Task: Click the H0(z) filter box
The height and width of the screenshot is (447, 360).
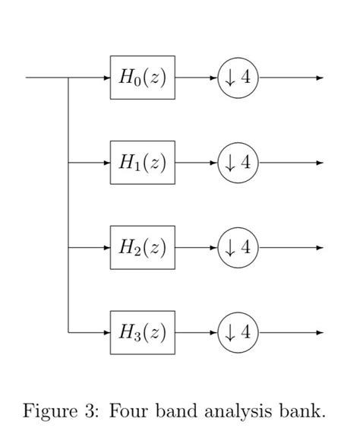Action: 142,78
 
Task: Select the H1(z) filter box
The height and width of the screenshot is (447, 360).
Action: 142,163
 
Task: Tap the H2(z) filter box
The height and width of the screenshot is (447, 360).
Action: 142,248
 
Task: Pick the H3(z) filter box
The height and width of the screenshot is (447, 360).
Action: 142,333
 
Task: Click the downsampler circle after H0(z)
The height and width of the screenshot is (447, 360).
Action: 238,78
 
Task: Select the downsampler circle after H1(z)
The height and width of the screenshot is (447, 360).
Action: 238,163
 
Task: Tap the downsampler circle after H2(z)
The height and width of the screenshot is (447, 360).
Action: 238,248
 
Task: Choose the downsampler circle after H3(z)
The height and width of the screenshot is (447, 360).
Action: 238,333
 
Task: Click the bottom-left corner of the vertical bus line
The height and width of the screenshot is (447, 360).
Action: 69,333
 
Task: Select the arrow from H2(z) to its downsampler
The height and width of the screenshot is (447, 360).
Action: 196,248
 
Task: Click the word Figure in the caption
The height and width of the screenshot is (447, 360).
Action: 49,412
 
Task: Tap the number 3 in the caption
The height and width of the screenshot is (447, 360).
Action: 90,412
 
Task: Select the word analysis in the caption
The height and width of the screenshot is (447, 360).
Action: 236,413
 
